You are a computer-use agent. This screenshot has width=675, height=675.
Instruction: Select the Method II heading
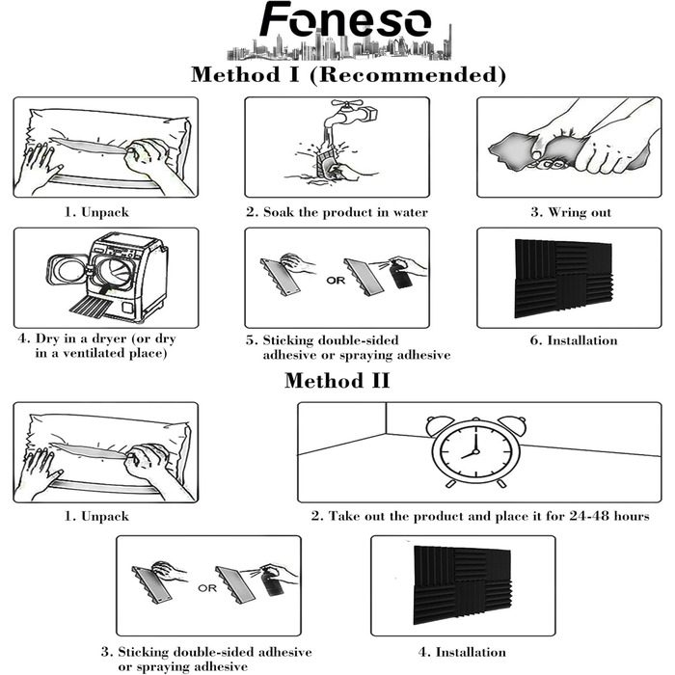click(x=337, y=380)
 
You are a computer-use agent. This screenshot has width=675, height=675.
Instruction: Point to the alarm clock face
click(x=471, y=451)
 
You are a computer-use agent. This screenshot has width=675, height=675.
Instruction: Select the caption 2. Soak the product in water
click(x=336, y=211)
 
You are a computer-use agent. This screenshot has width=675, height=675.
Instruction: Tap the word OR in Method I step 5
click(x=335, y=282)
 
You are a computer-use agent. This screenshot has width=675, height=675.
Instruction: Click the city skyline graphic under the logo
click(x=337, y=47)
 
